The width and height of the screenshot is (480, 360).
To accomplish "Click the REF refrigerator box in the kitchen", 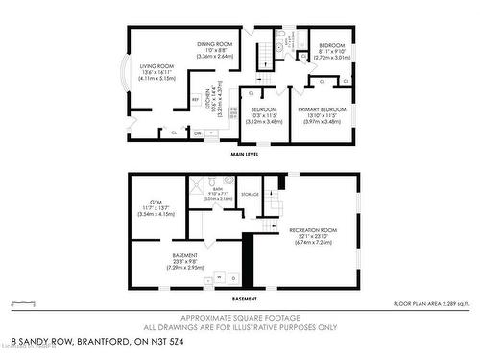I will tap(195, 99).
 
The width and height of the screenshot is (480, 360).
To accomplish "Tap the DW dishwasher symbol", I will tap(198, 133).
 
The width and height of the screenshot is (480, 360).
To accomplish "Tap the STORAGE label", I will tap(251, 194).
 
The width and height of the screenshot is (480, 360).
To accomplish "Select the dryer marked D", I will tap(232, 277).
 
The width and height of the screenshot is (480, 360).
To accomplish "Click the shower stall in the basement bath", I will tap(199, 187).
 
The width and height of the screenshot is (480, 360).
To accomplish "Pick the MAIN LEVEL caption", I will tap(247, 154).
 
